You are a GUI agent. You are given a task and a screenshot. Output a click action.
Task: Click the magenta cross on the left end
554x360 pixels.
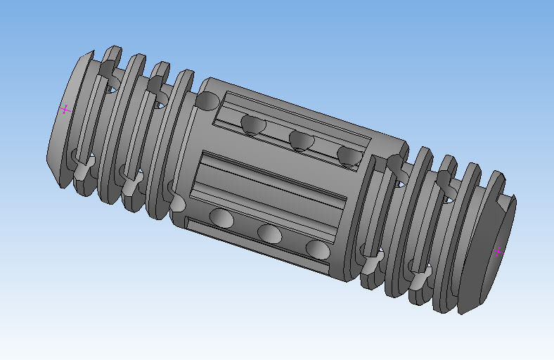[x=65, y=109]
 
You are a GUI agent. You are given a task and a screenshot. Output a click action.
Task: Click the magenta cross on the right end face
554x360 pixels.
[x=498, y=252]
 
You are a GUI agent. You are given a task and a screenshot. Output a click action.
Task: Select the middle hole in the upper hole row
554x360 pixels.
[x=302, y=140]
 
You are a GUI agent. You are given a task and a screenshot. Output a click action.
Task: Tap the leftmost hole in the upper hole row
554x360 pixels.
[x=252, y=125]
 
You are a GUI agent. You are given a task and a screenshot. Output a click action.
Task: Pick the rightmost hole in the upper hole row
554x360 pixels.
[x=348, y=155]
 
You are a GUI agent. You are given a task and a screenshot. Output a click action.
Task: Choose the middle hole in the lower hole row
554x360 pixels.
[x=270, y=233]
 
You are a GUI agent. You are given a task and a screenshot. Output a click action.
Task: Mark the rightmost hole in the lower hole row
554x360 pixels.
[x=317, y=248]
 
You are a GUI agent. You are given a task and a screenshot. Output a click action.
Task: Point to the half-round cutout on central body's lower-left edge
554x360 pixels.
[x=177, y=205]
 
